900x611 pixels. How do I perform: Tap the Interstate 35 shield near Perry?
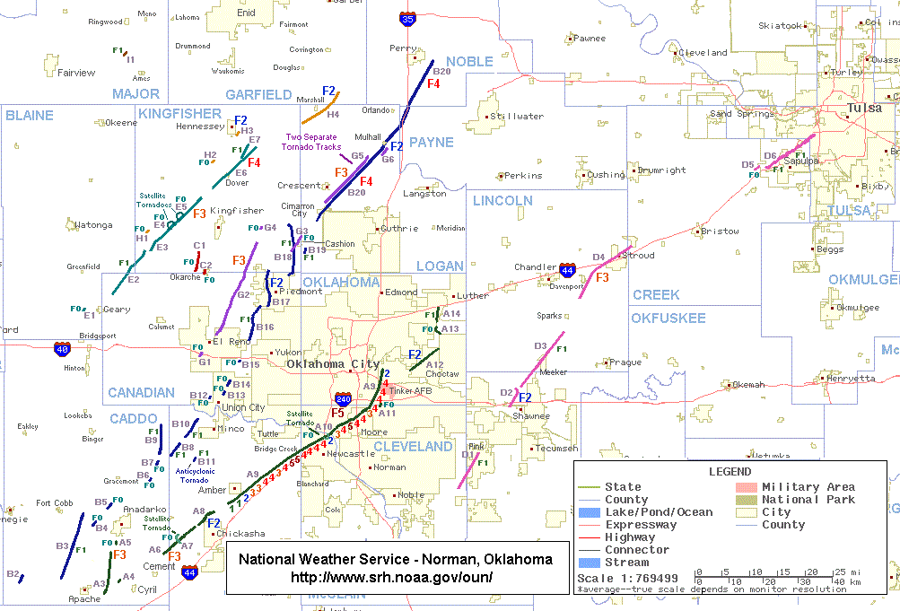click(407, 16)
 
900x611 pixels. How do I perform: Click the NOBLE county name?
click(469, 61)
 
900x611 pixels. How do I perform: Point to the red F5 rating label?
click(338, 413)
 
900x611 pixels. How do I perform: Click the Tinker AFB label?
click(411, 391)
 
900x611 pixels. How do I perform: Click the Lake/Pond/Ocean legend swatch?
click(589, 512)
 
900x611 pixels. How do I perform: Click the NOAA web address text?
click(395, 577)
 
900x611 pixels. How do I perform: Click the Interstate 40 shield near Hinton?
click(61, 348)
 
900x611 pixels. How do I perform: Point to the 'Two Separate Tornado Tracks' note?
click(310, 141)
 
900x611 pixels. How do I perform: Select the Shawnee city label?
click(531, 416)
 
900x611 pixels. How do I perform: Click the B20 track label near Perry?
click(441, 71)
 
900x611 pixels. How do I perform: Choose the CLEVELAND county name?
click(413, 446)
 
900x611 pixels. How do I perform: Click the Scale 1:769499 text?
click(627, 578)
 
